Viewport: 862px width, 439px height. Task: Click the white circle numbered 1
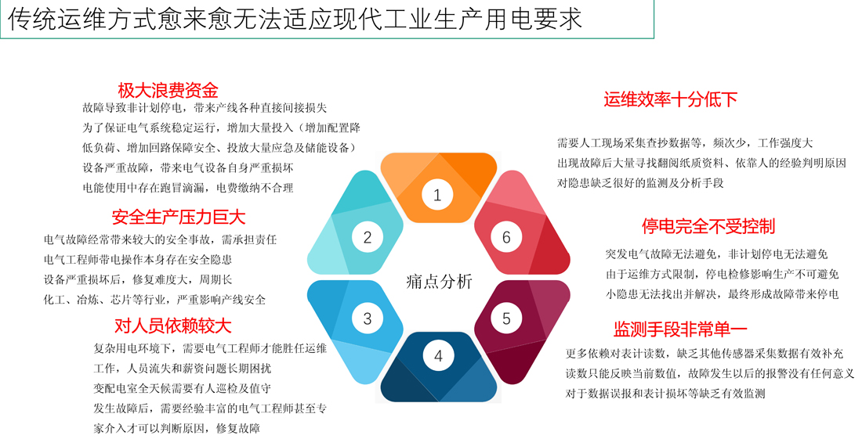tap(437, 195)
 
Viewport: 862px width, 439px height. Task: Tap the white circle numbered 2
tap(368, 237)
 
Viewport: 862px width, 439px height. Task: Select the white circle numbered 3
tap(368, 318)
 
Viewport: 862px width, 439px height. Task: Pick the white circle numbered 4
tap(438, 356)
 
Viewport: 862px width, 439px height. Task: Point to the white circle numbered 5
tap(506, 318)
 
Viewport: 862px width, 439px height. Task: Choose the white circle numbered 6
tap(506, 237)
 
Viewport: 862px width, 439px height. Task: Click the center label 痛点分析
tap(439, 281)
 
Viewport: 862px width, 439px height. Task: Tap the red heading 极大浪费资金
tap(168, 90)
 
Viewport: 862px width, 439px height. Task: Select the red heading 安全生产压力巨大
tap(179, 217)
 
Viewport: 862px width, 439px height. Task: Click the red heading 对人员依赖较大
tap(173, 326)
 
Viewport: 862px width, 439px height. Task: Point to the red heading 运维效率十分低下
tap(671, 99)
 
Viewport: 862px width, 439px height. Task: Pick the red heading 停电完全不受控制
tap(708, 226)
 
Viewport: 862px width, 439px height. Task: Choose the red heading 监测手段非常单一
tap(680, 329)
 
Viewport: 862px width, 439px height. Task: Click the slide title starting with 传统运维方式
tap(295, 19)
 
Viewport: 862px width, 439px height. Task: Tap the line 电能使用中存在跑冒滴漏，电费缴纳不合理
tap(188, 188)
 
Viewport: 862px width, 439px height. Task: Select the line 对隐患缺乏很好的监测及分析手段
tap(640, 183)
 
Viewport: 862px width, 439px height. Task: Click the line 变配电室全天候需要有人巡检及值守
tap(182, 388)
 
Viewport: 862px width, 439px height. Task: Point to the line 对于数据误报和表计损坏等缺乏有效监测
tap(665, 394)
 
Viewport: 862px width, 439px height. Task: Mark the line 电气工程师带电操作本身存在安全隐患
tap(138, 260)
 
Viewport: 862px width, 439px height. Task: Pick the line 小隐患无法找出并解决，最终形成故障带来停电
tap(723, 294)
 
